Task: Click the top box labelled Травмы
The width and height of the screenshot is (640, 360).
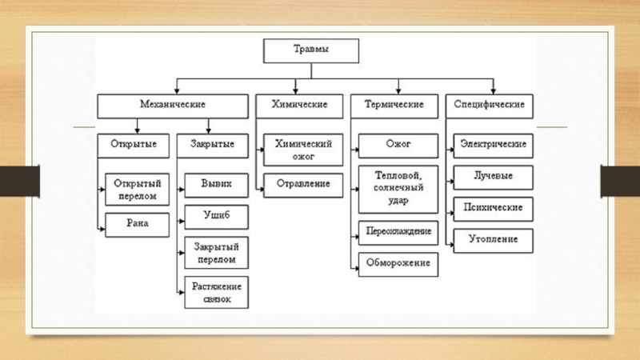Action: [x=311, y=51]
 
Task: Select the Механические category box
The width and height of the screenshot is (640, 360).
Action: [x=173, y=106]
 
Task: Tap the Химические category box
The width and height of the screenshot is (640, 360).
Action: [x=299, y=106]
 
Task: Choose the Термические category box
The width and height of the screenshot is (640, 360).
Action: [x=394, y=106]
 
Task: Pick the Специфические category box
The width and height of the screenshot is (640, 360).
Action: [x=490, y=106]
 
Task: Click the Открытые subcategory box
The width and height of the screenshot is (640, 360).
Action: [x=133, y=146]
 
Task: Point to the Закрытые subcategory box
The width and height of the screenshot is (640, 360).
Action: [x=212, y=146]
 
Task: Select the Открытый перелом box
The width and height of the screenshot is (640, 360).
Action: [x=137, y=190]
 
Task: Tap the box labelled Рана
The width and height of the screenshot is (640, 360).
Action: [x=137, y=225]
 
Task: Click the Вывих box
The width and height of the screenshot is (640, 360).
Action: [x=216, y=186]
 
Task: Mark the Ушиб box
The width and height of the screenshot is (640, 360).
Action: [x=216, y=217]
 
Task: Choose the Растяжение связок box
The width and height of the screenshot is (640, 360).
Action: [x=216, y=292]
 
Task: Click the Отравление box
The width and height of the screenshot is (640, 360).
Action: [x=303, y=186]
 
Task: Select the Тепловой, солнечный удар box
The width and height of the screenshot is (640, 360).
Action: [x=398, y=190]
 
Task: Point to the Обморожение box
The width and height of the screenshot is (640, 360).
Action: [x=398, y=265]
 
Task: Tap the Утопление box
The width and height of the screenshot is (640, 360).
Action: [x=493, y=241]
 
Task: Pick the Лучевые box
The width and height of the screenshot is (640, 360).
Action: [x=493, y=178]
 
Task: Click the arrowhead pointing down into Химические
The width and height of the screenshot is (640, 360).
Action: [x=295, y=91]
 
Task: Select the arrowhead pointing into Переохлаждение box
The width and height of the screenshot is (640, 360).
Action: [x=356, y=237]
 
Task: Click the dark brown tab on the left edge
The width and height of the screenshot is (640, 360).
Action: [x=19, y=181]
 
